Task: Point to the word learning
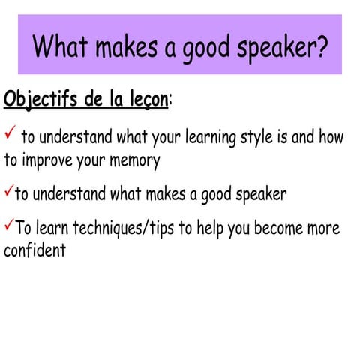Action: pos(208,138)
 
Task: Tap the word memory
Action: pos(135,160)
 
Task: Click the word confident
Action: pos(34,250)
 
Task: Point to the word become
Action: pos(269,228)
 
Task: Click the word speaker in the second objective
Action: pos(259,195)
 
